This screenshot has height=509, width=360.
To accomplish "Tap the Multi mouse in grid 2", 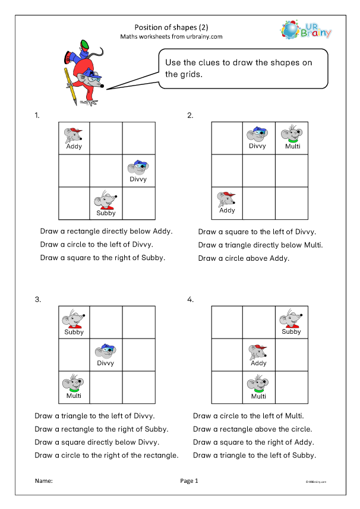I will click(x=292, y=135).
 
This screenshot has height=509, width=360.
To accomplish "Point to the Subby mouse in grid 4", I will click(x=291, y=320).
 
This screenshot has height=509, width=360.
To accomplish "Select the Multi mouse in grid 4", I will click(x=258, y=384).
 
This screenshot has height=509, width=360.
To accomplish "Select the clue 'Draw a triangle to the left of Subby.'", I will click(x=254, y=456).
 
